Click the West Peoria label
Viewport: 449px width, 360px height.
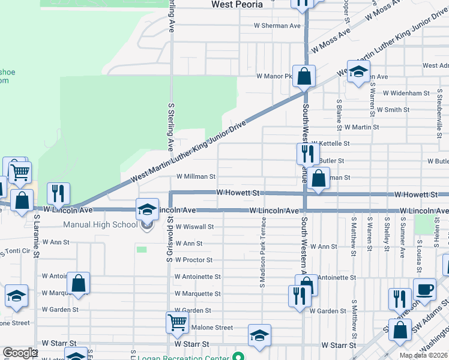tap(237, 4)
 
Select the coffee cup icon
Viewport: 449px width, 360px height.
tap(424, 289)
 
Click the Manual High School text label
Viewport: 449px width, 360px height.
tap(100, 225)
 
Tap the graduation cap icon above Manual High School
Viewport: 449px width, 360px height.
tap(146, 209)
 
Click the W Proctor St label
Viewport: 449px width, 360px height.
tap(193, 260)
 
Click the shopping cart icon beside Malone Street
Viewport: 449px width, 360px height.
tap(178, 322)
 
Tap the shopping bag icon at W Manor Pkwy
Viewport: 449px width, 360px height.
tap(304, 76)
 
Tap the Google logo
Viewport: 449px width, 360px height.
tap(19, 353)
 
